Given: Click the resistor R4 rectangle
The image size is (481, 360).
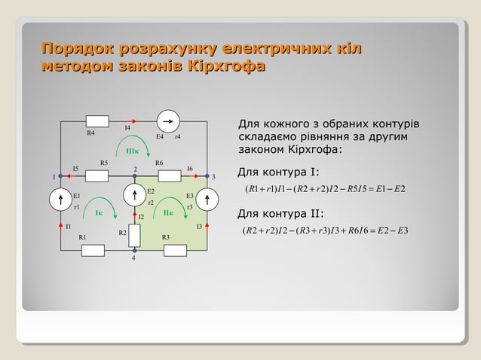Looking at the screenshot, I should pos(97,121).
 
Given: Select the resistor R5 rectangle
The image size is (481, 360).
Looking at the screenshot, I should pos(97,176).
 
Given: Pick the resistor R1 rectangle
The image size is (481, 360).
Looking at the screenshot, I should pos(92,249).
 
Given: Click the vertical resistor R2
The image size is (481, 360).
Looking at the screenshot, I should pos(134,236).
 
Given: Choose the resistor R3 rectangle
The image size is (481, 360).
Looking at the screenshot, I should pos(174,249).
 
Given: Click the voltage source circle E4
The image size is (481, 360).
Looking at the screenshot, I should pos(167,121).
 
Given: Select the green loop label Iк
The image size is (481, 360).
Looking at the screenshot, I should pos(99,213).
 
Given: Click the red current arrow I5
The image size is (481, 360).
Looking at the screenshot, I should pos(69,176).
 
